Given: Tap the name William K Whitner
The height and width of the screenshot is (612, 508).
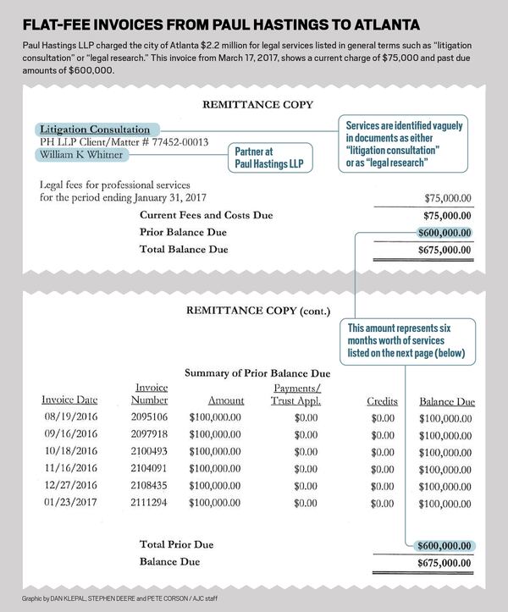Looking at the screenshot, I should pos(83,155).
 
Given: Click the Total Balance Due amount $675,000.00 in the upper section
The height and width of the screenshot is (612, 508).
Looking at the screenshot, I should pos(444,250).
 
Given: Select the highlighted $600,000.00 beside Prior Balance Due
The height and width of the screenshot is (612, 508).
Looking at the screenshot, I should pos(444,233).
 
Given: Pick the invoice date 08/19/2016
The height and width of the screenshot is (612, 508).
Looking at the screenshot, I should pos(71,417).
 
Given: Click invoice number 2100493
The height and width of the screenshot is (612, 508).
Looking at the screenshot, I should pos(149,453).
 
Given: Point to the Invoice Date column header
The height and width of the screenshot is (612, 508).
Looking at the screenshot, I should pos(70,400).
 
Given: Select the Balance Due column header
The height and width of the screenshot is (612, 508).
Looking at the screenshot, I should pos(446,401).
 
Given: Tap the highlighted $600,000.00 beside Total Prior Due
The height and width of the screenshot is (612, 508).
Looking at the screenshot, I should pos(444,545).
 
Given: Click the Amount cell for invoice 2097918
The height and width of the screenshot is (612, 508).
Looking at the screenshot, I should pos(215,435).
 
